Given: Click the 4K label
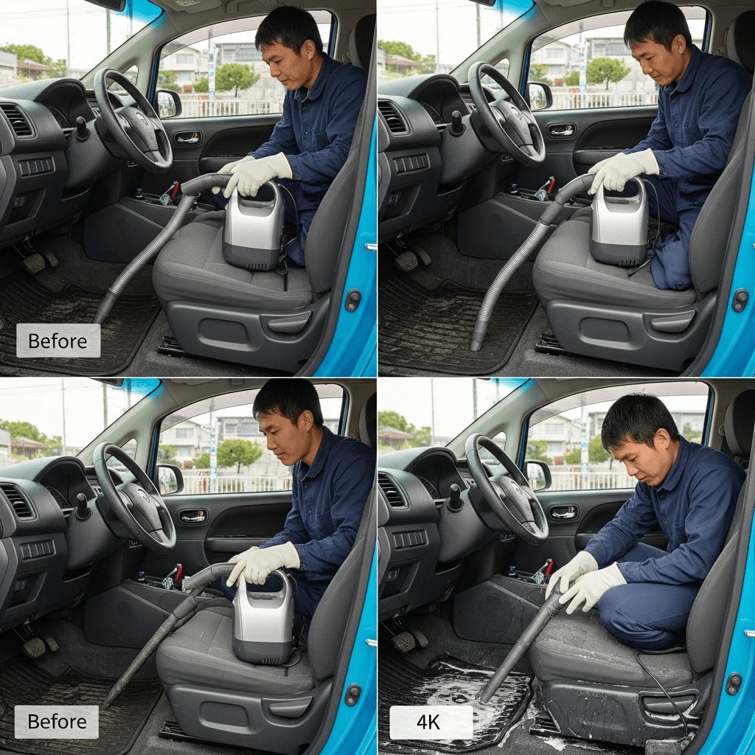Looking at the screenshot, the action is [431, 723].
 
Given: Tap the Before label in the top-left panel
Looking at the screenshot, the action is [58, 341].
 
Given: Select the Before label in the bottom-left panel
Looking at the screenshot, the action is [57, 722].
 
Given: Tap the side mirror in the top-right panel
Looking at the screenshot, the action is [539, 96].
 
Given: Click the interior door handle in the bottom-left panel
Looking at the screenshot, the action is [193, 517].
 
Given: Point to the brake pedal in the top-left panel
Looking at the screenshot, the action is [34, 263].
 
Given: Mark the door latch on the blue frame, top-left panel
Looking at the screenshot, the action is [353, 301].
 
